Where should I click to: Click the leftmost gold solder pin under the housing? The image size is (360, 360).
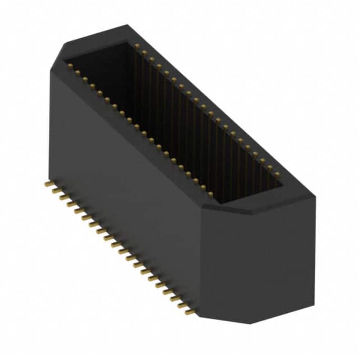tap(46, 184)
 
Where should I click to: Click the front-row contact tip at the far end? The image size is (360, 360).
tap(70, 66)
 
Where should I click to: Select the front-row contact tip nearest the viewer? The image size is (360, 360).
tap(211, 195)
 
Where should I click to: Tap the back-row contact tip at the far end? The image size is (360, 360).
tap(137, 45)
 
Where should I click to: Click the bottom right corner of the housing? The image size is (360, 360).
tap(314, 307)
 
